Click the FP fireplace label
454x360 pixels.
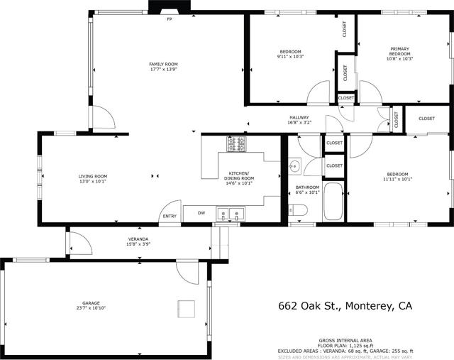170,19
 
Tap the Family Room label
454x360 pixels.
162,65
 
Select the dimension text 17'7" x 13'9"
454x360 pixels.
162,70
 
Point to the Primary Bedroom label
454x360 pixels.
399,51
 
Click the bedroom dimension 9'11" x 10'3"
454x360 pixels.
291,57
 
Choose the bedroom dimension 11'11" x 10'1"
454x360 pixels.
397,180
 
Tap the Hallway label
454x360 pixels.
299,117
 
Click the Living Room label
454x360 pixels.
92,176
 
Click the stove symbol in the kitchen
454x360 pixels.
236,145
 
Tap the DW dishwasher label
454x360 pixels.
201,212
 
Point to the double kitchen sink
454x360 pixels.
231,212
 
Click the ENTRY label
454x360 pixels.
170,217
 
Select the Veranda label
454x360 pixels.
138,239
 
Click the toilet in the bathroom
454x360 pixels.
299,210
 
